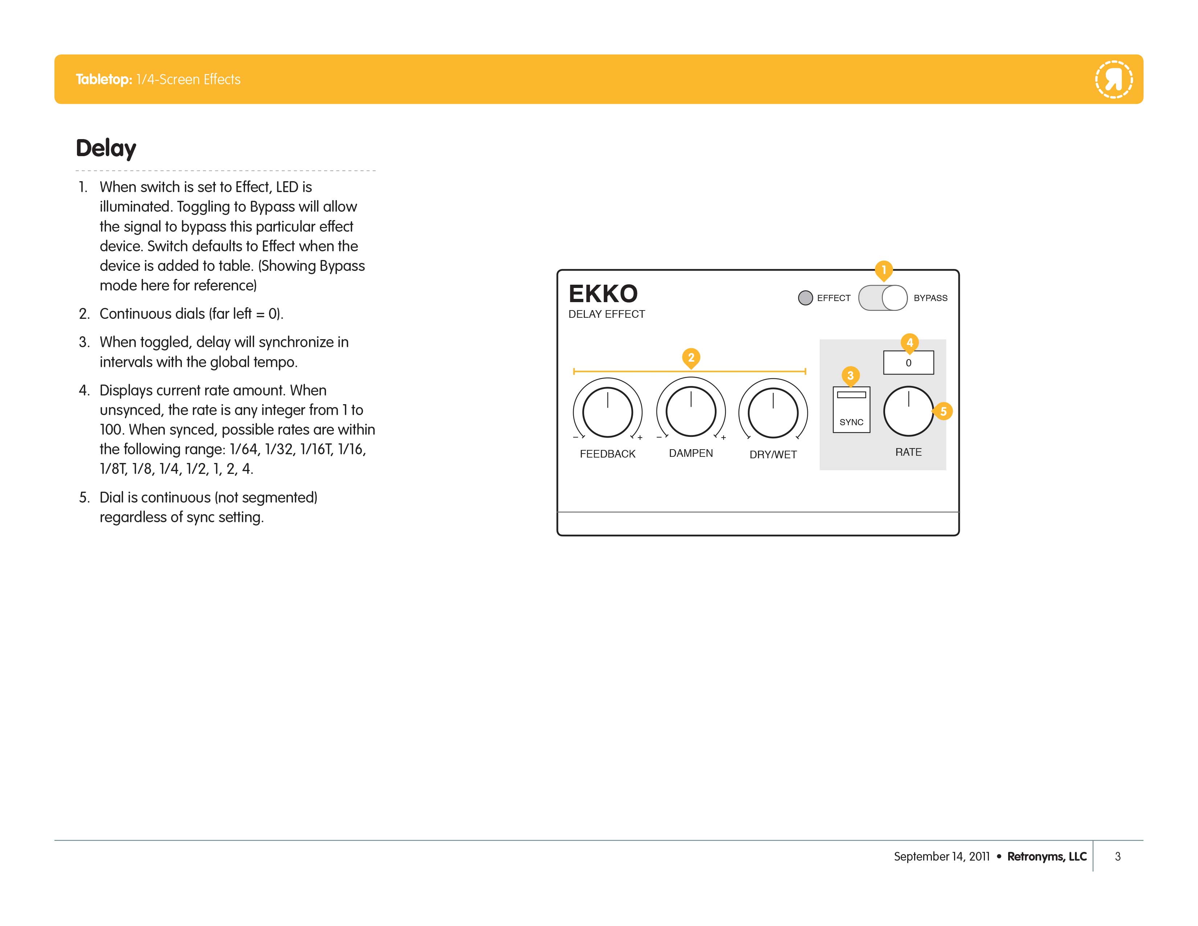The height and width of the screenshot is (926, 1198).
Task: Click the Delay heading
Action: (106, 148)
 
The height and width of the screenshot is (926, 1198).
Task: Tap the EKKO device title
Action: (603, 293)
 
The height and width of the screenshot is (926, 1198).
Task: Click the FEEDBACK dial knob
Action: (607, 412)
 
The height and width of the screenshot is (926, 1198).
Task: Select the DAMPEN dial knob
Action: (690, 411)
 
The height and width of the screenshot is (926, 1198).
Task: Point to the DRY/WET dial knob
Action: (773, 413)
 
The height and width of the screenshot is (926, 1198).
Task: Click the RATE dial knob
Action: (908, 411)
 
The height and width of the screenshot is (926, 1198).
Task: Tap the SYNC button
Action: (851, 409)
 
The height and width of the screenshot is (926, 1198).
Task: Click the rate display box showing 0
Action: (908, 363)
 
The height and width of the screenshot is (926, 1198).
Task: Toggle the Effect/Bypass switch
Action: (883, 298)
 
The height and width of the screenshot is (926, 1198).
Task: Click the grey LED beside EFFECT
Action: (805, 298)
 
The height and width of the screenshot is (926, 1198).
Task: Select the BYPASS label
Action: (930, 298)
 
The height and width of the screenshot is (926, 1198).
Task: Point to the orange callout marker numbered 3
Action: (850, 376)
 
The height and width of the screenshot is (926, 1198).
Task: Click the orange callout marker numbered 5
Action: (942, 411)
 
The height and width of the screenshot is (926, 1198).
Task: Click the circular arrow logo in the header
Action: (1113, 80)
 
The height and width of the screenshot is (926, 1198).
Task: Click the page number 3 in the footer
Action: (1117, 856)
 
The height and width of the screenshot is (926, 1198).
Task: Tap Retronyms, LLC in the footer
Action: (1047, 856)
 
